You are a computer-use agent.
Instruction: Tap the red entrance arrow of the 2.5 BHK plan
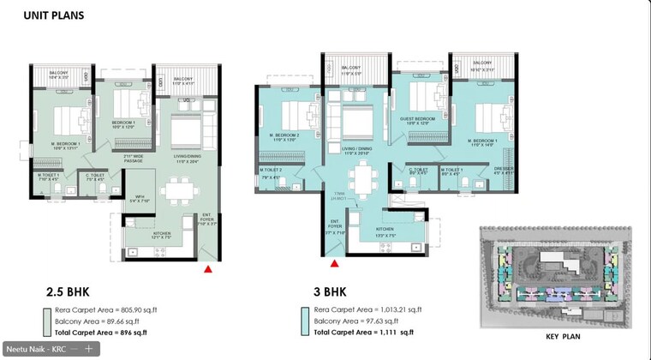[207, 269]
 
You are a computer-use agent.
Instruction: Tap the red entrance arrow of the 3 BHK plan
[335, 262]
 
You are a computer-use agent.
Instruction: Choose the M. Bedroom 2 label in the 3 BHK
[289, 137]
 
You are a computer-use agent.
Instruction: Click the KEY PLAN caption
[564, 337]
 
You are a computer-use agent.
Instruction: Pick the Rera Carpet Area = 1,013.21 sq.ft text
[363, 309]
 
